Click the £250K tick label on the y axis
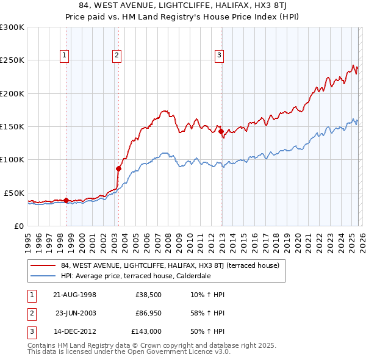pos(12,60)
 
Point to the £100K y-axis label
pos(12,159)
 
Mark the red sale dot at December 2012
pos(221,131)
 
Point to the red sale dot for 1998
pos(66,200)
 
